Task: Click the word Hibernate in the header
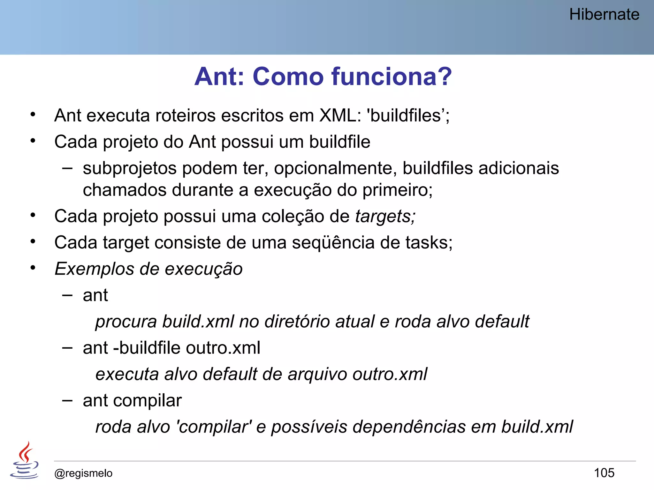coord(604,14)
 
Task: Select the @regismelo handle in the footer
coord(83,473)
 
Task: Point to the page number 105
coord(604,473)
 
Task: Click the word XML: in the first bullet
coord(340,115)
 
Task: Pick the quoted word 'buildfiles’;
coord(408,115)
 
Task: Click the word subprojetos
coord(129,168)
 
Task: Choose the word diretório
coord(297,321)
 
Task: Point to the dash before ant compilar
coord(67,400)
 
